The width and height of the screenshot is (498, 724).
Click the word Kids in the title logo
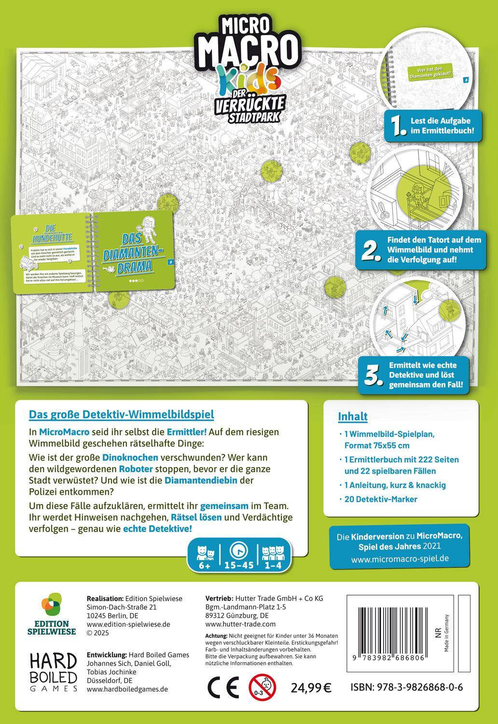[x=249, y=77]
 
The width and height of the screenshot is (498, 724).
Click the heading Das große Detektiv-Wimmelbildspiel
[x=122, y=414]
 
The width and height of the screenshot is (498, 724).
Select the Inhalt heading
[x=353, y=417]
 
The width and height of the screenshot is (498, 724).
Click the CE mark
[x=222, y=687]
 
